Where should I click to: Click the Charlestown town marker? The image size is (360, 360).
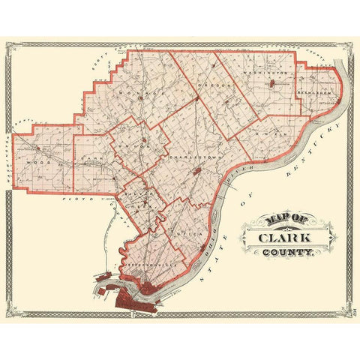click(196, 172)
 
